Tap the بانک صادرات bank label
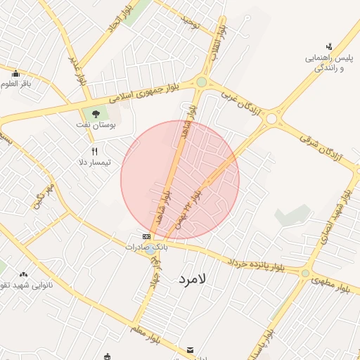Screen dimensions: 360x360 tap(147, 247)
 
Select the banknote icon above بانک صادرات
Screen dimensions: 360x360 tap(146, 237)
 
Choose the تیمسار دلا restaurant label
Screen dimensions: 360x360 tap(95, 162)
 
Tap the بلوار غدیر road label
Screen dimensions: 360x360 tap(77, 70)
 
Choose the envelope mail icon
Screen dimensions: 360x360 tap(190, 350)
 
